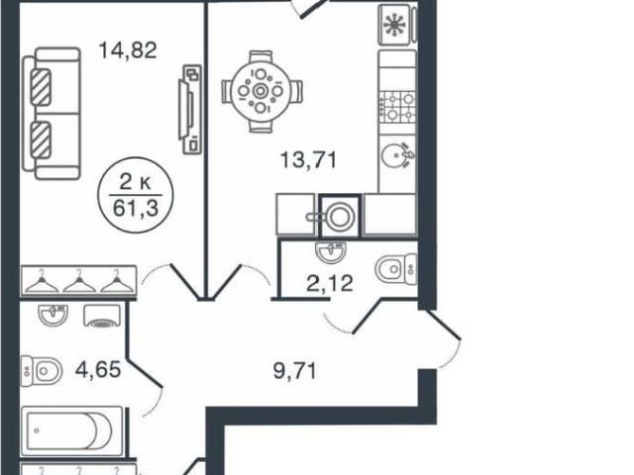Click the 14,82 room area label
[x=128, y=50]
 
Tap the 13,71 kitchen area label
[x=308, y=160]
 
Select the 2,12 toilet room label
[x=330, y=283]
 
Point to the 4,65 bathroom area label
[x=98, y=369]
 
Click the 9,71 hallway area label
[x=295, y=371]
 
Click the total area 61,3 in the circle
[x=136, y=209]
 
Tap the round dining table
[x=262, y=92]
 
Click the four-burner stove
[x=396, y=107]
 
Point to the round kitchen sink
[x=398, y=155]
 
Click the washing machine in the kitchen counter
[x=340, y=216]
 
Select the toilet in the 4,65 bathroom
[x=42, y=370]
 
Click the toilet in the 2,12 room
[x=396, y=268]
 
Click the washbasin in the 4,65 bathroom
[x=53, y=315]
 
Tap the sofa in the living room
[x=52, y=114]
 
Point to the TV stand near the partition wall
[x=190, y=109]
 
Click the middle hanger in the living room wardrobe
[x=79, y=280]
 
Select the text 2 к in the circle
[x=135, y=183]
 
